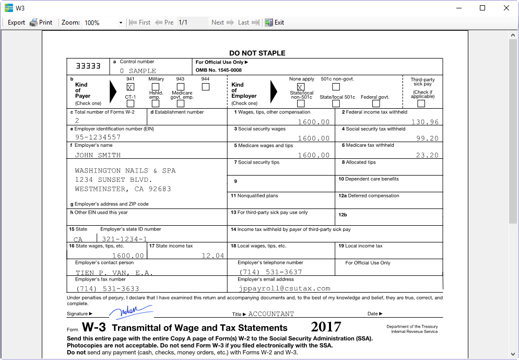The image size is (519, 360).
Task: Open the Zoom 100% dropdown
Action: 121,23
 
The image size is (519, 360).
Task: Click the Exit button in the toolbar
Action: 275,22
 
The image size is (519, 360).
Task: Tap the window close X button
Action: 506,8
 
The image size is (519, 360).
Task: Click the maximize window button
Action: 482,8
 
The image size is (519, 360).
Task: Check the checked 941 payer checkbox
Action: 130,87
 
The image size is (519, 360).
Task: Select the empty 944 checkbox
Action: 205,87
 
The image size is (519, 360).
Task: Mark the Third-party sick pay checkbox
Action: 421,103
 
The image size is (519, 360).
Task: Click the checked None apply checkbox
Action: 301,87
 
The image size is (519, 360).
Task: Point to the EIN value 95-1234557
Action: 98,137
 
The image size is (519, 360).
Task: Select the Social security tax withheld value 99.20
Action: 428,138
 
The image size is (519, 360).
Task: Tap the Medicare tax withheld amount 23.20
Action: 428,155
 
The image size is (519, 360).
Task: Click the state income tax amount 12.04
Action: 213,256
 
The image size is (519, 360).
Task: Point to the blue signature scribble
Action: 130,312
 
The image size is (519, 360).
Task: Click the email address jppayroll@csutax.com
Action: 285,288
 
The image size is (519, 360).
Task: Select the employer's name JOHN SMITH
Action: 98,155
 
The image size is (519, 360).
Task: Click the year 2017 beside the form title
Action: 326,327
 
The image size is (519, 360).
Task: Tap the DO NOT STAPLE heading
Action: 257,53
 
